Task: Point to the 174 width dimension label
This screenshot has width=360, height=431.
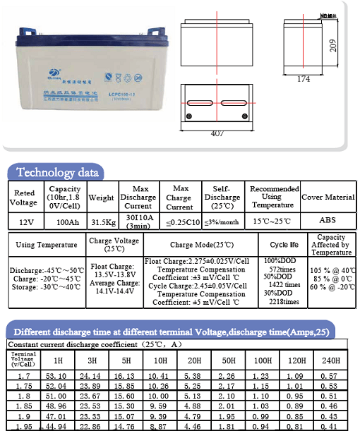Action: (303, 79)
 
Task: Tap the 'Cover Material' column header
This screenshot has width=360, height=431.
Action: (328, 198)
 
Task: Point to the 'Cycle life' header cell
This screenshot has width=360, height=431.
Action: (283, 245)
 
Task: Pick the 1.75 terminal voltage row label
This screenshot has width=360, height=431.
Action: (23, 387)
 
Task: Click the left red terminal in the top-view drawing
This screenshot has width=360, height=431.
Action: (188, 116)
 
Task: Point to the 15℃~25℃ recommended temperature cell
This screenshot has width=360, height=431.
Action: (271, 221)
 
